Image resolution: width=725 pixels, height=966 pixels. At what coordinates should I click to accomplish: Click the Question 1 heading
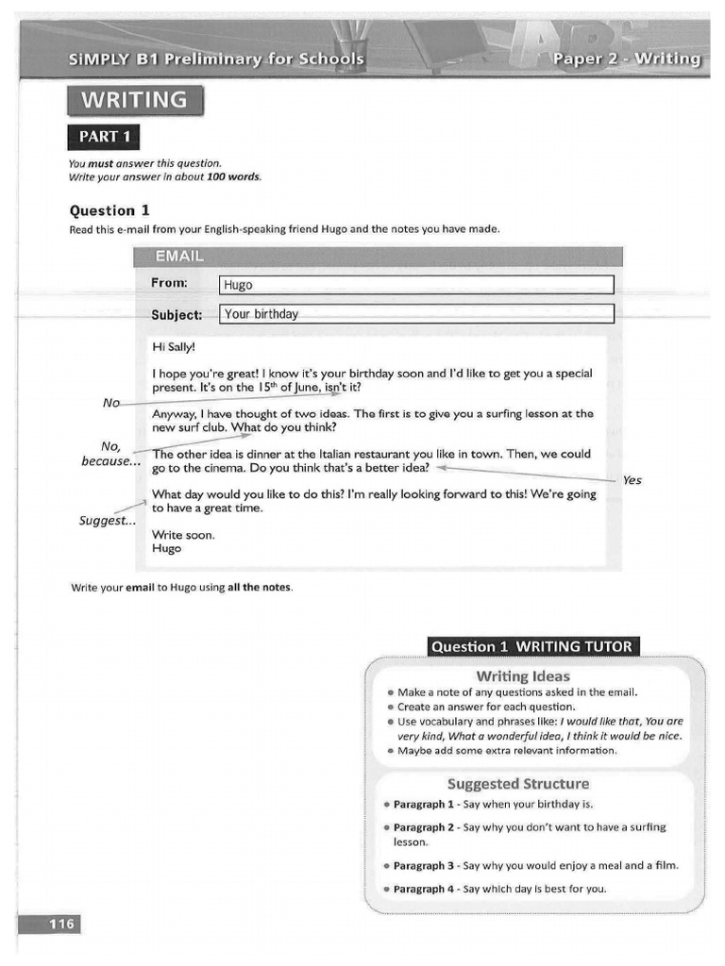click(x=110, y=210)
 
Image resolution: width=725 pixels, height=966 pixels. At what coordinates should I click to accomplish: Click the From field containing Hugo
click(x=415, y=285)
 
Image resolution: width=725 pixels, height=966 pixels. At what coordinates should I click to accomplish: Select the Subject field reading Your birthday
click(x=415, y=314)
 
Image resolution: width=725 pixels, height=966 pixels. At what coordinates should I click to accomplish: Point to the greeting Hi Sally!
click(x=173, y=346)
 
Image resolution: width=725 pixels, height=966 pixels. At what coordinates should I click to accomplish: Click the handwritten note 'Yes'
click(x=632, y=480)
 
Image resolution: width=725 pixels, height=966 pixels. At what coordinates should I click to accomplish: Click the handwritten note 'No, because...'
click(x=110, y=454)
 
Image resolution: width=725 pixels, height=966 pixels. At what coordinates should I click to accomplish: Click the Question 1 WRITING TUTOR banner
click(x=531, y=646)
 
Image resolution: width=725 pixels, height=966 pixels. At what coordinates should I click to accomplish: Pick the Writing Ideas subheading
click(x=523, y=675)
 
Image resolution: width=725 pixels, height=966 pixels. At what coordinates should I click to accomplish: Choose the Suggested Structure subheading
click(x=517, y=783)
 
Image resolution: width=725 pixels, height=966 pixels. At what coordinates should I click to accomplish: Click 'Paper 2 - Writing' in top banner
click(x=627, y=59)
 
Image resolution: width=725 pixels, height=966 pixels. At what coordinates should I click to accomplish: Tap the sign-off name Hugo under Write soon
click(x=166, y=548)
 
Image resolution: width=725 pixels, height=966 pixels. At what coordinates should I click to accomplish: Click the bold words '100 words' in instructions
click(x=233, y=176)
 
